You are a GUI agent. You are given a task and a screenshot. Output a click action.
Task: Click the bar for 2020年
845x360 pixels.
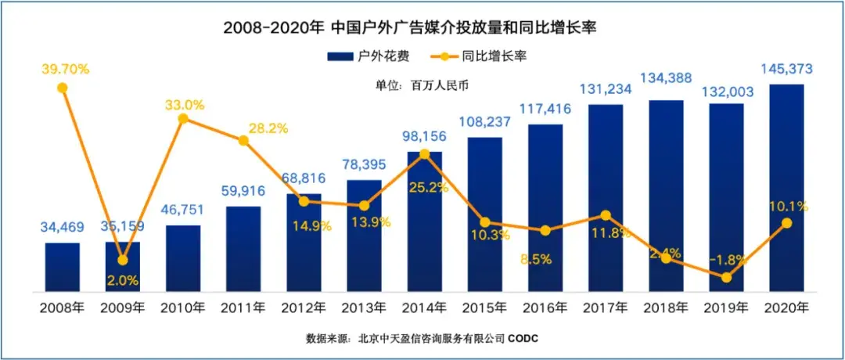click(786, 188)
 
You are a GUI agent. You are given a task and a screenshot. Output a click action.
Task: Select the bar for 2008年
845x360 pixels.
click(63, 267)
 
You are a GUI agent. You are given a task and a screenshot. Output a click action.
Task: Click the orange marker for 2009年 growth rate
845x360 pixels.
click(123, 260)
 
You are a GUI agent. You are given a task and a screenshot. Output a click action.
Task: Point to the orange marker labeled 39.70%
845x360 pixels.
click(63, 88)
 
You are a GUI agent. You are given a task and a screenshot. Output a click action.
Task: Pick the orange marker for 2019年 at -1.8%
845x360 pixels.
click(726, 277)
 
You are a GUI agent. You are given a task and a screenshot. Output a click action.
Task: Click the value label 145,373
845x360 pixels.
click(786, 70)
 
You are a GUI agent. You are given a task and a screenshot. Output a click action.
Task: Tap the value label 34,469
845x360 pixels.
click(63, 228)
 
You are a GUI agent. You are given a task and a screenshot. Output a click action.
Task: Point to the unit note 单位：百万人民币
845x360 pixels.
click(422, 85)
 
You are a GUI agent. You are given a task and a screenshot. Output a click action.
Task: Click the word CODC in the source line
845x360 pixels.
click(523, 338)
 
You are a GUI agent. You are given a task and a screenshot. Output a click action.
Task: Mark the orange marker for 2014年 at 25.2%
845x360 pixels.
click(424, 154)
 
